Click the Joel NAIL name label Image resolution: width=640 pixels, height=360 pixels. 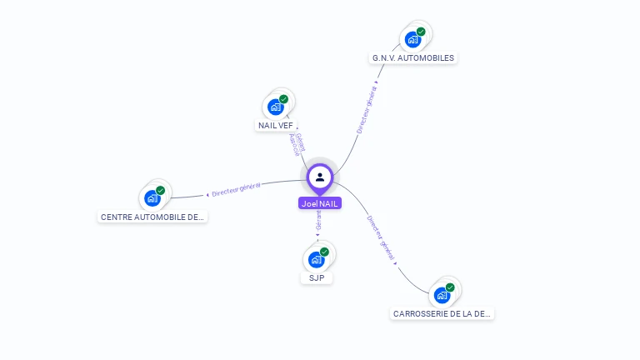[x=320, y=203]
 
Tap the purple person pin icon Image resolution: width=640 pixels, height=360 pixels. [x=320, y=177]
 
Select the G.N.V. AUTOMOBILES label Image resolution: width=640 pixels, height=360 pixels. [x=413, y=58]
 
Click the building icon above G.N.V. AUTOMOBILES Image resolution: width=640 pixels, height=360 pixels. [x=412, y=39]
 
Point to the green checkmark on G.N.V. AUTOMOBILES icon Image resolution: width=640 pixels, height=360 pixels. [x=421, y=32]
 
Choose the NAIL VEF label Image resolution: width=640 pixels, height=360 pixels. [x=276, y=125]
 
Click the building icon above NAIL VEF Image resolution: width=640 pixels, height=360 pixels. [x=275, y=107]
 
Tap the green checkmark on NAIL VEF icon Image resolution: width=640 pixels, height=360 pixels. [x=283, y=99]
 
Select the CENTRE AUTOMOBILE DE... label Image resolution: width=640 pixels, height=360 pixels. [x=152, y=217]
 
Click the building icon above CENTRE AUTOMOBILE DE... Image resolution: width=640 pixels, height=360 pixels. [x=152, y=198]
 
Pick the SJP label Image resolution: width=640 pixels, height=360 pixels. [x=317, y=277]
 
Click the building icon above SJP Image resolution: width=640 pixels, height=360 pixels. [x=316, y=259]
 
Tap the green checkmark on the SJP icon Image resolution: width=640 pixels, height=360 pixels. [x=324, y=252]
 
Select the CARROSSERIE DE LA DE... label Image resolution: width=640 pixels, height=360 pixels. [x=442, y=314]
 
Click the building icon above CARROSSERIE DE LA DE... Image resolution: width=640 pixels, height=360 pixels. [x=442, y=295]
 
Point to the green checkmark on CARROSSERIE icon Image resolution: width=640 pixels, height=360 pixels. [x=450, y=287]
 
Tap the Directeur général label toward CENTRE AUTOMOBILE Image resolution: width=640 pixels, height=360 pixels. [x=236, y=189]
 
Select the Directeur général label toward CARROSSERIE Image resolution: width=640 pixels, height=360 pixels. [x=381, y=238]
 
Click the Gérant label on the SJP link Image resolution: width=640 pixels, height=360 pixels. [x=318, y=220]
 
